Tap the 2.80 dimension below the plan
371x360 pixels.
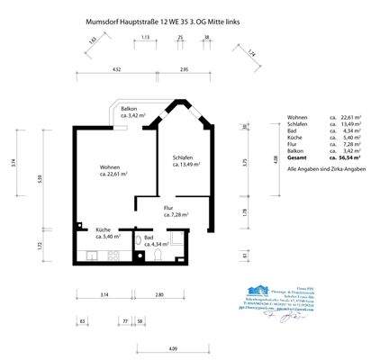158,294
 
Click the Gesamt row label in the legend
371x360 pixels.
298,157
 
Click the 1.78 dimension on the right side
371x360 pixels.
245,212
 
